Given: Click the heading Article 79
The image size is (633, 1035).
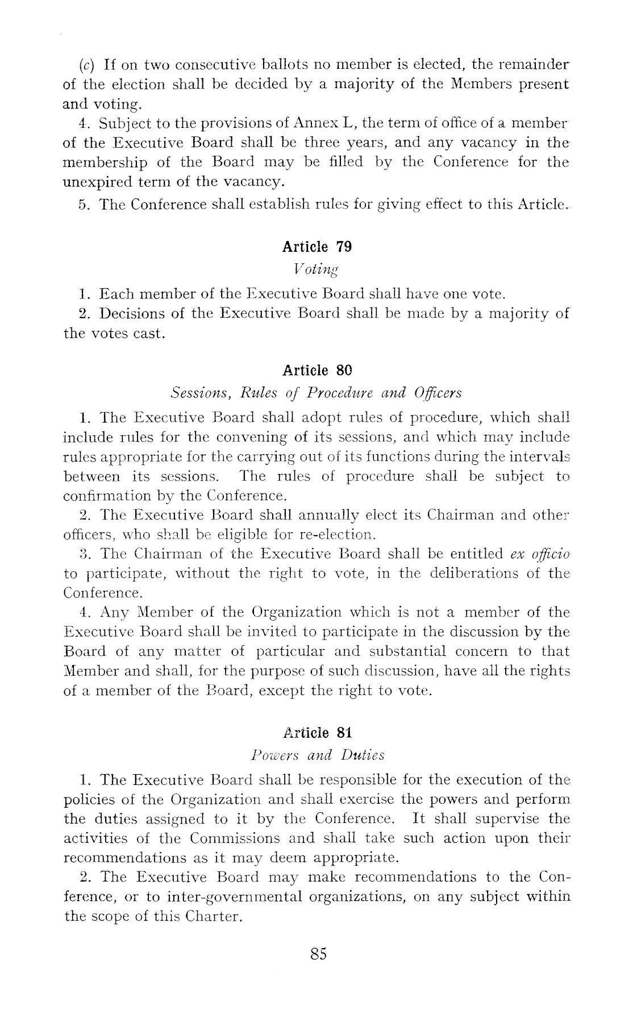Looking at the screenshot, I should [316, 247].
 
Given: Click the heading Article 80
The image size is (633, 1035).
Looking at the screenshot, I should [317, 371].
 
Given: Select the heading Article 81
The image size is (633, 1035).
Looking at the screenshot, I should [317, 733].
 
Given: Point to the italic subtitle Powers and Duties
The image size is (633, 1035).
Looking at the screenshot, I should [317, 755].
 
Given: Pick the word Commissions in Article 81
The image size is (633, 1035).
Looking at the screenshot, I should [235, 838].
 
